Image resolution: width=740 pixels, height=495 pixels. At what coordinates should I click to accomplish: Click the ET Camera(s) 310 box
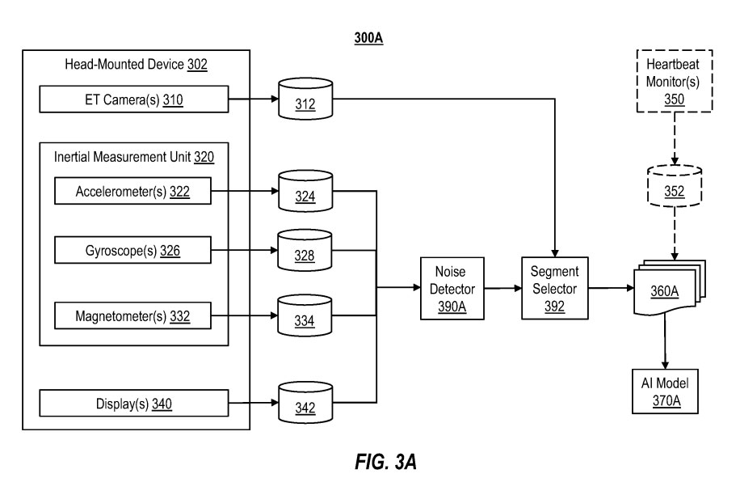coord(133,101)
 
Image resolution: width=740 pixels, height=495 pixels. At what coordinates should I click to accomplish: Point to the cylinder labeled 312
coord(305,100)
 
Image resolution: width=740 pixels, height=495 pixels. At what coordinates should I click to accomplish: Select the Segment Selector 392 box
coord(555,287)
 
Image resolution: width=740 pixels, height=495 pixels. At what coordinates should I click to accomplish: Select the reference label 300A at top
coord(368,36)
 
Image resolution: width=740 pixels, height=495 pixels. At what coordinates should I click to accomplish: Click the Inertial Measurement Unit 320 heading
coord(134,157)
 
